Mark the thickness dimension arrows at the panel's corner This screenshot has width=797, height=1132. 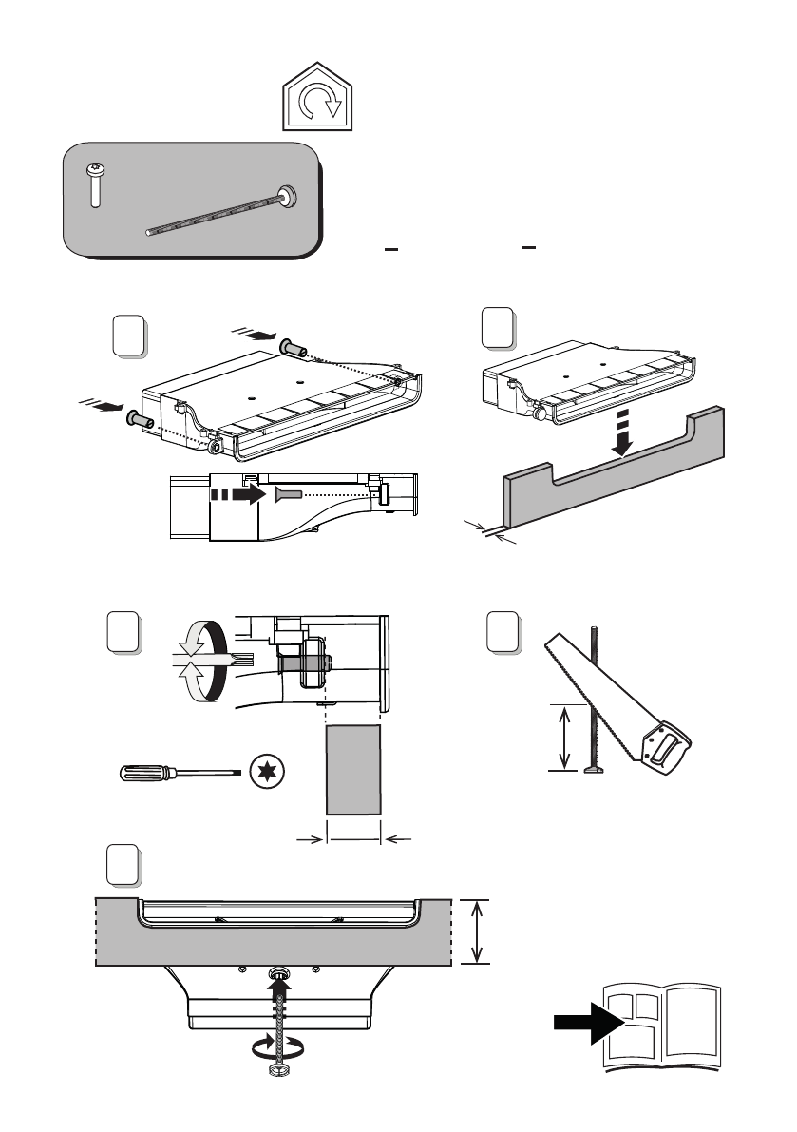490,533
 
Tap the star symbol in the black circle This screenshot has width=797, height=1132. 268,773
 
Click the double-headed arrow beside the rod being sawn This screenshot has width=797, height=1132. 565,736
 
